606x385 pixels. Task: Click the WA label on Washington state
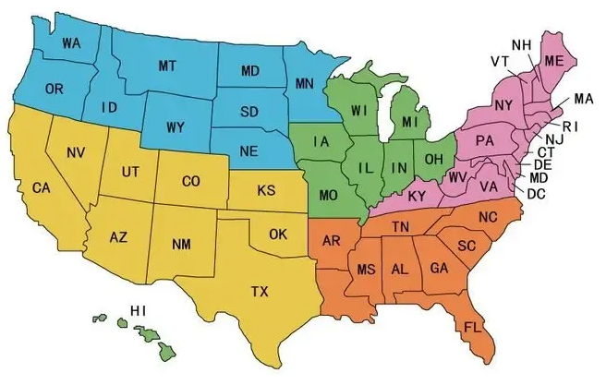pyautogui.click(x=69, y=42)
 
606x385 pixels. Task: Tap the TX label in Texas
pyautogui.click(x=260, y=292)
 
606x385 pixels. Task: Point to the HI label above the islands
pyautogui.click(x=139, y=309)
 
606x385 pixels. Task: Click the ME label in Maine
pyautogui.click(x=554, y=60)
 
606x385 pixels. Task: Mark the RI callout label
pyautogui.click(x=569, y=126)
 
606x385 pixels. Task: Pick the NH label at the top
pyautogui.click(x=521, y=44)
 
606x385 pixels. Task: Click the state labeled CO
pyautogui.click(x=190, y=182)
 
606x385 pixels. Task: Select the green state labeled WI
pyautogui.click(x=359, y=112)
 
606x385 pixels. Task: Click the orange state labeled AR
pyautogui.click(x=333, y=242)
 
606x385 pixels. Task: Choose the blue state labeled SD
pyautogui.click(x=249, y=113)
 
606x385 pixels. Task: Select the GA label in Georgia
pyautogui.click(x=437, y=269)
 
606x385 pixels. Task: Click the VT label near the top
pyautogui.click(x=500, y=62)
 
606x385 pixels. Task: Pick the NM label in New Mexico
pyautogui.click(x=182, y=245)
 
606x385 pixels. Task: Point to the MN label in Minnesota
pyautogui.click(x=305, y=85)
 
